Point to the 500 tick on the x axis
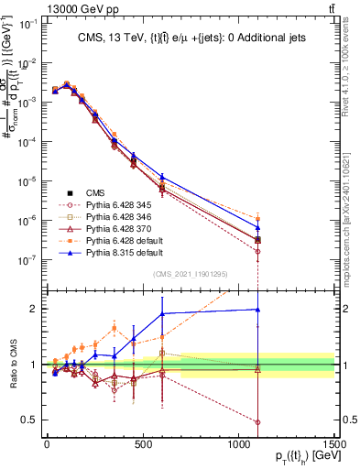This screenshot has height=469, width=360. click(x=142, y=445)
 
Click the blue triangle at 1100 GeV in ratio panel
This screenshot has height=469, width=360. click(x=257, y=310)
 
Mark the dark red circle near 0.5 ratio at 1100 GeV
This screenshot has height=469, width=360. click(x=257, y=422)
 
